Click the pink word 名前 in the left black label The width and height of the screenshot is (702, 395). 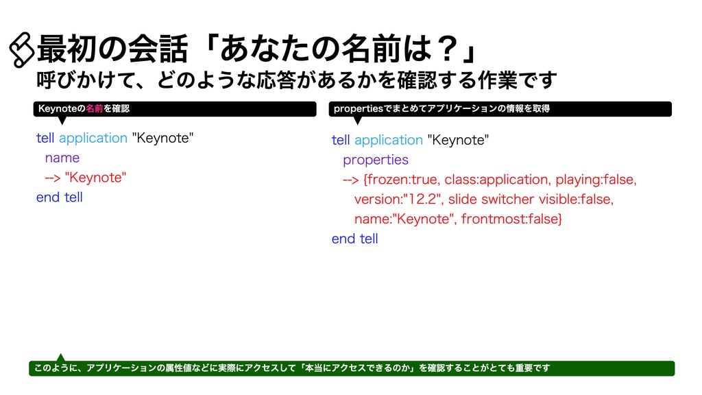tap(95, 109)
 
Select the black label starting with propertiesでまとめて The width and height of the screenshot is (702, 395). tap(500, 109)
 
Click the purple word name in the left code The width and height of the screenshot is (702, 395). tap(62, 158)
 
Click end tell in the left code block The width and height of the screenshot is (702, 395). tap(59, 197)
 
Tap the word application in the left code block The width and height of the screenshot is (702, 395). tap(93, 138)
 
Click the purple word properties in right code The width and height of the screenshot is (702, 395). tap(375, 160)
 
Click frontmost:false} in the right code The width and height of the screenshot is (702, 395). tap(512, 219)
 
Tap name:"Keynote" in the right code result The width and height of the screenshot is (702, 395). tap(404, 219)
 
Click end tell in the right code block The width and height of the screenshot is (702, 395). tap(354, 239)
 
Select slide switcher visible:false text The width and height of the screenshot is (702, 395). tap(531, 200)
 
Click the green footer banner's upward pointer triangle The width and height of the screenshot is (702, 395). tap(60, 357)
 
